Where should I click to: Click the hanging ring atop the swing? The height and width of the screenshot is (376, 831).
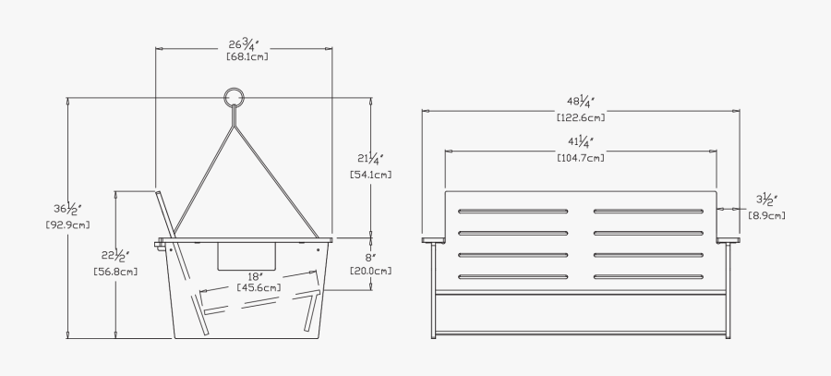(234, 97)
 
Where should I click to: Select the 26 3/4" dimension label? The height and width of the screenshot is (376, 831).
(244, 43)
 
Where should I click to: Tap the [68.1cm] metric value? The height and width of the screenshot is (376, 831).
(244, 57)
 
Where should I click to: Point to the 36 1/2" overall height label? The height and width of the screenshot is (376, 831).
(61, 209)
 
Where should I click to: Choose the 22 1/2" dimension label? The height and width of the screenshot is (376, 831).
(115, 256)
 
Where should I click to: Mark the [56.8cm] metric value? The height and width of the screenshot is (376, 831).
(115, 271)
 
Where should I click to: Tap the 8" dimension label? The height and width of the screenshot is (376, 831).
(369, 257)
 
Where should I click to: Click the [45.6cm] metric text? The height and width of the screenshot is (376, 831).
(259, 287)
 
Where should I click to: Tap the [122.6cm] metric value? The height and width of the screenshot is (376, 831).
(581, 117)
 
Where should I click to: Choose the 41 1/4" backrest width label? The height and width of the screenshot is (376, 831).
(581, 142)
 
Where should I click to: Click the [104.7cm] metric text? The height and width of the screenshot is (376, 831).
(581, 158)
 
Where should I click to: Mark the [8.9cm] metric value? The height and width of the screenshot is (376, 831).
(767, 215)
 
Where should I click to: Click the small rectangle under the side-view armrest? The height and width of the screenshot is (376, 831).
(247, 256)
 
